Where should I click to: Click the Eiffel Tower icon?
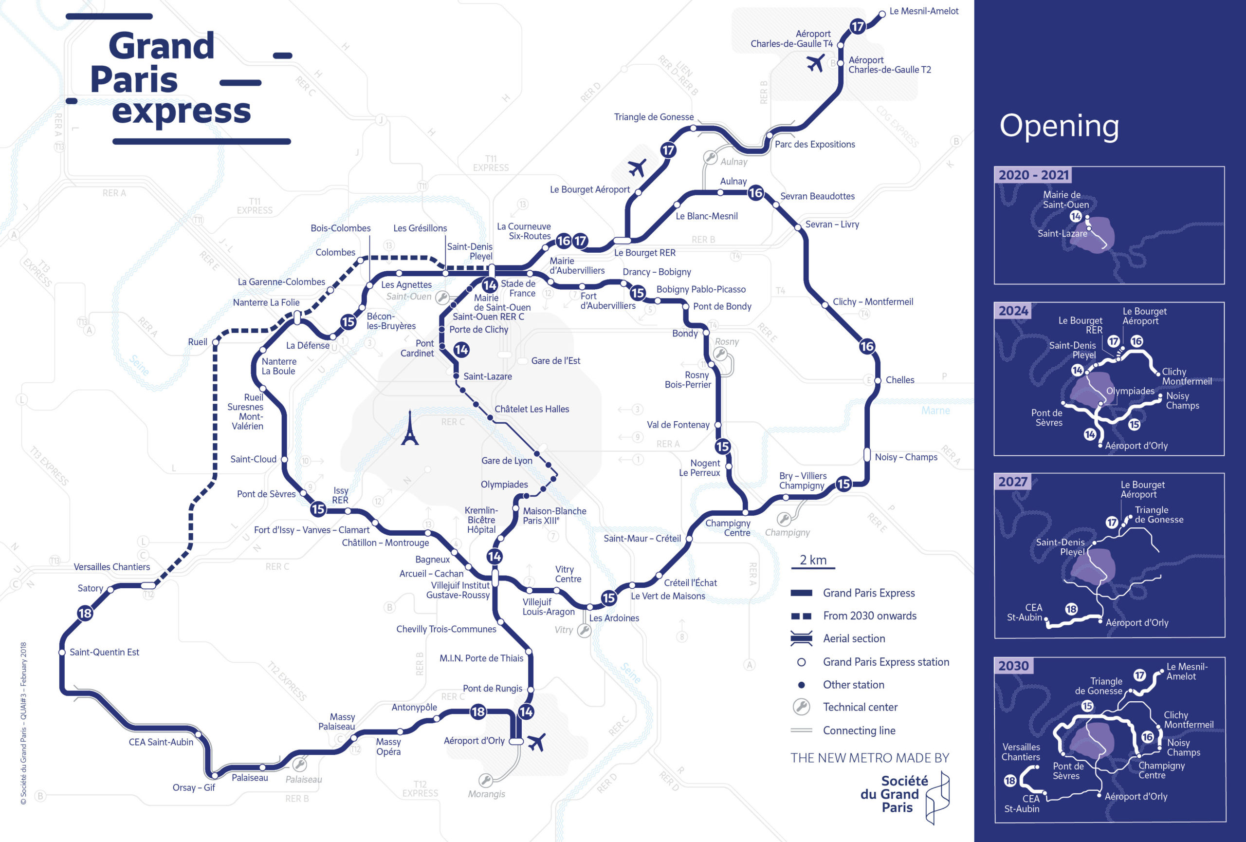click(410, 429)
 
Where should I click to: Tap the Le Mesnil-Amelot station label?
click(923, 11)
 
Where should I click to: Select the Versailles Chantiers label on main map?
click(111, 567)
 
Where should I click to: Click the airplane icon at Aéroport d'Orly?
click(536, 742)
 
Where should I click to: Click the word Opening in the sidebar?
click(1059, 126)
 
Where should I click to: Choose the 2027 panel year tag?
click(1012, 482)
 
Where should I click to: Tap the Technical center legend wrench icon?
click(801, 707)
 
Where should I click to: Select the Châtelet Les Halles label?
click(531, 409)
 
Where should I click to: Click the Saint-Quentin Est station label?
click(104, 652)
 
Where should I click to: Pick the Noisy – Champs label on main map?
click(906, 457)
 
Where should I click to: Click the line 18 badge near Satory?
click(85, 613)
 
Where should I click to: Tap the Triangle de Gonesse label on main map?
click(654, 117)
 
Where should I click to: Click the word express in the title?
click(181, 111)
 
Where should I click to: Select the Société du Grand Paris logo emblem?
click(937, 798)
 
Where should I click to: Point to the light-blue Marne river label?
click(935, 411)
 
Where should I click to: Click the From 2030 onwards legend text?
click(870, 616)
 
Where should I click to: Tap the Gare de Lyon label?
click(507, 461)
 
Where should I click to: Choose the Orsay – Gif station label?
click(194, 788)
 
